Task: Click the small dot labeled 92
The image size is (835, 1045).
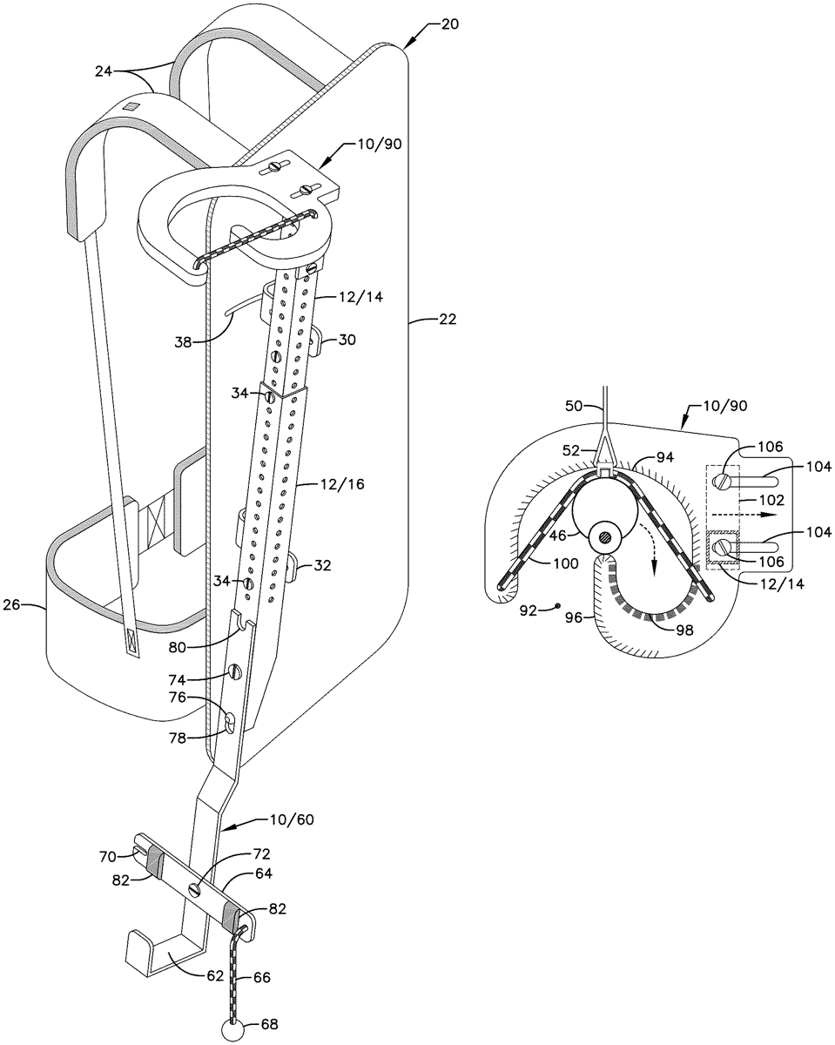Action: click(559, 606)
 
